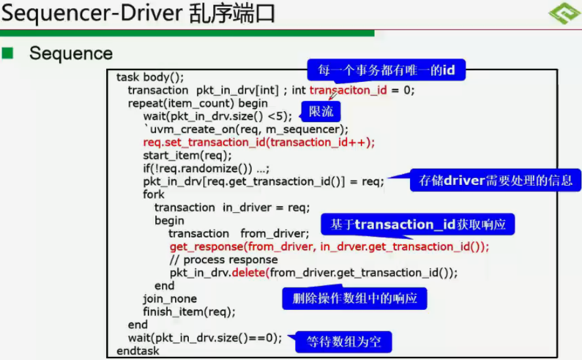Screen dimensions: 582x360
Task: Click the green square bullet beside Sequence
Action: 8,53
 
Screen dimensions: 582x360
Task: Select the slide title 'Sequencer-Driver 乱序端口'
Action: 139,14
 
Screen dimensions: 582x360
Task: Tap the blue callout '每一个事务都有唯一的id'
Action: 386,71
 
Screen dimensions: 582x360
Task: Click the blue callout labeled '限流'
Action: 321,112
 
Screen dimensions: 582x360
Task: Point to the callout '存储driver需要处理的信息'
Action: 495,181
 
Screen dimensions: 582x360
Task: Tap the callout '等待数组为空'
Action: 343,341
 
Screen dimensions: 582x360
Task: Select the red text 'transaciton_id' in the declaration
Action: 348,90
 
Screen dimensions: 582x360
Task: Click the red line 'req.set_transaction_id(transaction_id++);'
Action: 259,142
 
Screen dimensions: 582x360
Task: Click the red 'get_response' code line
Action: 329,246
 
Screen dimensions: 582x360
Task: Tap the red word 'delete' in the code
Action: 250,272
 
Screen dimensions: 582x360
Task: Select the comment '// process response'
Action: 224,259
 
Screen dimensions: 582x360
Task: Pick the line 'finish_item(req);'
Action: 189,312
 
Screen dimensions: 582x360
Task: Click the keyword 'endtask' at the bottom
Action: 138,351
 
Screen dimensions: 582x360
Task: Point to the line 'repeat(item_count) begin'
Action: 198,103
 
